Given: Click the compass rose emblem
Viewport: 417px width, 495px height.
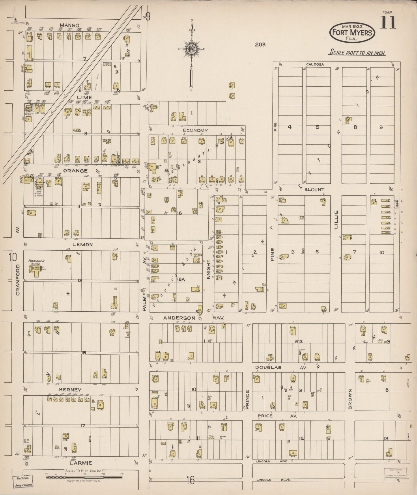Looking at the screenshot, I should pyautogui.click(x=191, y=49).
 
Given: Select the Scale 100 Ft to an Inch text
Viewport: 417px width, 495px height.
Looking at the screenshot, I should pyautogui.click(x=358, y=53).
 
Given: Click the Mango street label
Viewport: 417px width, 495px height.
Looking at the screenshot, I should pyautogui.click(x=70, y=25).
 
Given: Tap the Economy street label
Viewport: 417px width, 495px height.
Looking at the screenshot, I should pyautogui.click(x=195, y=131).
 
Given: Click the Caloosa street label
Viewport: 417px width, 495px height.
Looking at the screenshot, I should pyautogui.click(x=315, y=64).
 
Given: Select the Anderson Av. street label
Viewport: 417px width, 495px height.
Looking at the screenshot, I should pyautogui.click(x=194, y=318).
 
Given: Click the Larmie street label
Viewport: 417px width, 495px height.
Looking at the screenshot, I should pyautogui.click(x=81, y=463).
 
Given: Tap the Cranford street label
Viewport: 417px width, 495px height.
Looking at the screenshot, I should pyautogui.click(x=18, y=280).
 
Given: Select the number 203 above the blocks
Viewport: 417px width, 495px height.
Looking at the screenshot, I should pyautogui.click(x=260, y=44).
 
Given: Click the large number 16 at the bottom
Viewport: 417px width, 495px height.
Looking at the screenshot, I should pyautogui.click(x=190, y=480).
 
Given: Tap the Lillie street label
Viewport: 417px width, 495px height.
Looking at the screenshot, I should pyautogui.click(x=336, y=220).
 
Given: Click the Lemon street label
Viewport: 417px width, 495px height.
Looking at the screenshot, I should pyautogui.click(x=83, y=245).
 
